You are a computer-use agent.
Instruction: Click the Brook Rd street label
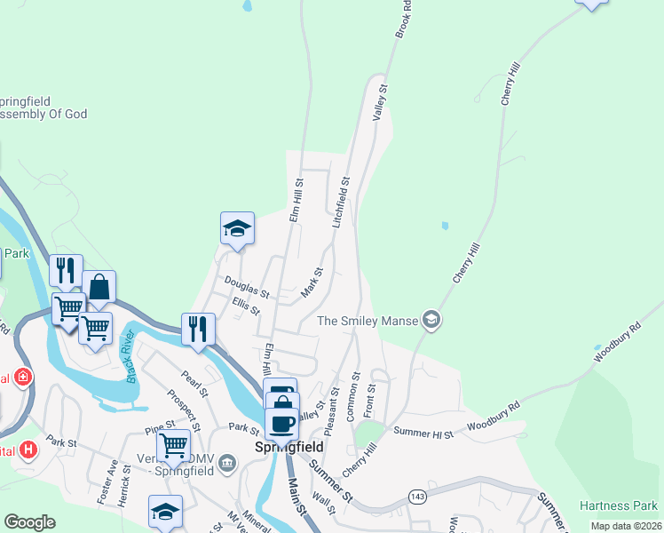tap(404, 18)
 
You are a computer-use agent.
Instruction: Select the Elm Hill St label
tap(296, 203)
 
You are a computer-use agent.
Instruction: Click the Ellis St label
tap(245, 306)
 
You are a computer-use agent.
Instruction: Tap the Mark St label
tap(312, 282)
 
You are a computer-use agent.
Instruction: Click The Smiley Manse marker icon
tap(431, 320)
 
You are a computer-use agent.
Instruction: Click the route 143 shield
tap(417, 494)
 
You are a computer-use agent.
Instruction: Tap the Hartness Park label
tap(618, 505)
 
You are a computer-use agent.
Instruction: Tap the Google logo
tap(29, 522)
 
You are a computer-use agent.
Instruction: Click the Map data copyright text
tap(626, 526)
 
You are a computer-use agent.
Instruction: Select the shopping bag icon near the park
tap(99, 287)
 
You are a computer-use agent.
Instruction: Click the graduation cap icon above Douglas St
tap(237, 228)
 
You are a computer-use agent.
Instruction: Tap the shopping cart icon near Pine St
tap(174, 444)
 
